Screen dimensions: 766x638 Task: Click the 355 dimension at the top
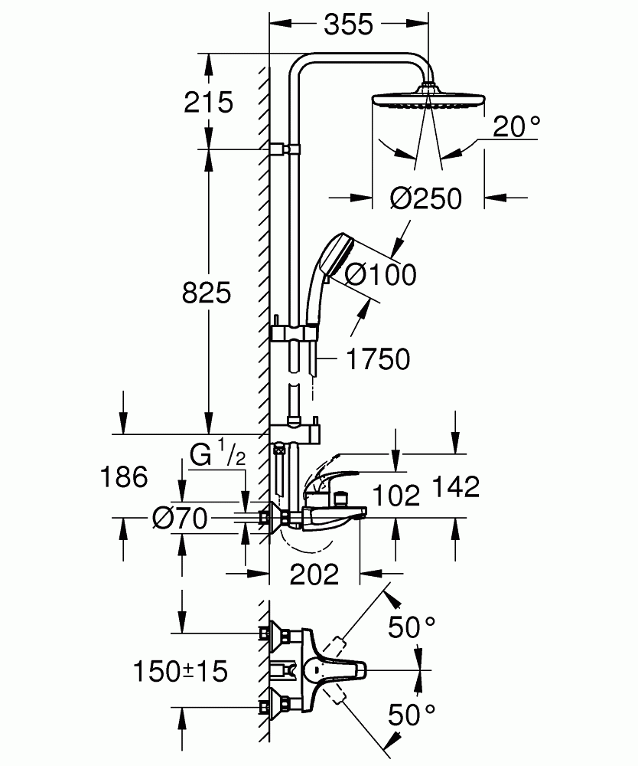tap(347, 25)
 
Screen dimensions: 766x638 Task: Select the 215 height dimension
tap(208, 102)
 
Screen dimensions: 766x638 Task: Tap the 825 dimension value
tap(206, 292)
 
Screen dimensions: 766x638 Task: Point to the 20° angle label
tap(516, 126)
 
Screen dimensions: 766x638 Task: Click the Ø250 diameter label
tap(425, 199)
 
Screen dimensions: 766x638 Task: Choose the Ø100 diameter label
tap(380, 273)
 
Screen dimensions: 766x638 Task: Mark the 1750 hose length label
tap(378, 358)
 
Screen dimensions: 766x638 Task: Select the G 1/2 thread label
tap(217, 456)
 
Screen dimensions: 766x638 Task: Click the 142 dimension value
tap(454, 486)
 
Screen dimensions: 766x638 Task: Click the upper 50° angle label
tap(412, 627)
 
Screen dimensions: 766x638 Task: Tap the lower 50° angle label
tap(412, 715)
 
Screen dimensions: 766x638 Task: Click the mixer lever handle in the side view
tap(329, 473)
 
